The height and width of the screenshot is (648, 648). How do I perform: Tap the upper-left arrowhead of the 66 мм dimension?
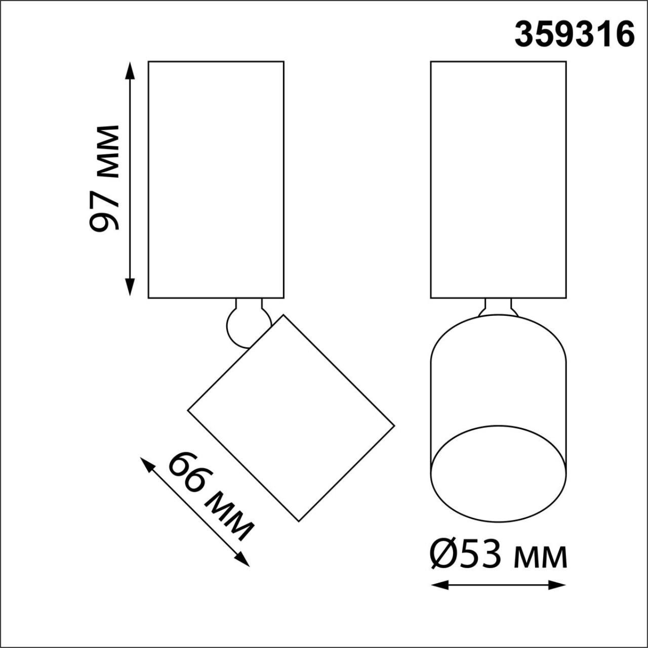(146, 463)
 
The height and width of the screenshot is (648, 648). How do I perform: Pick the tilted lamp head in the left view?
(291, 418)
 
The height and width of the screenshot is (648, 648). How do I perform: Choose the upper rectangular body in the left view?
(216, 179)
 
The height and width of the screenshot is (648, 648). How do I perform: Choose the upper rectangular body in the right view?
(498, 179)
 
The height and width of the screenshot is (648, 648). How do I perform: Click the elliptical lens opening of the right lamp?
(498, 473)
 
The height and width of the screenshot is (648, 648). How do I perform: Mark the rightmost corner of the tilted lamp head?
(394, 425)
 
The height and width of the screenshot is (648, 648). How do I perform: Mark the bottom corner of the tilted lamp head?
(299, 521)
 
